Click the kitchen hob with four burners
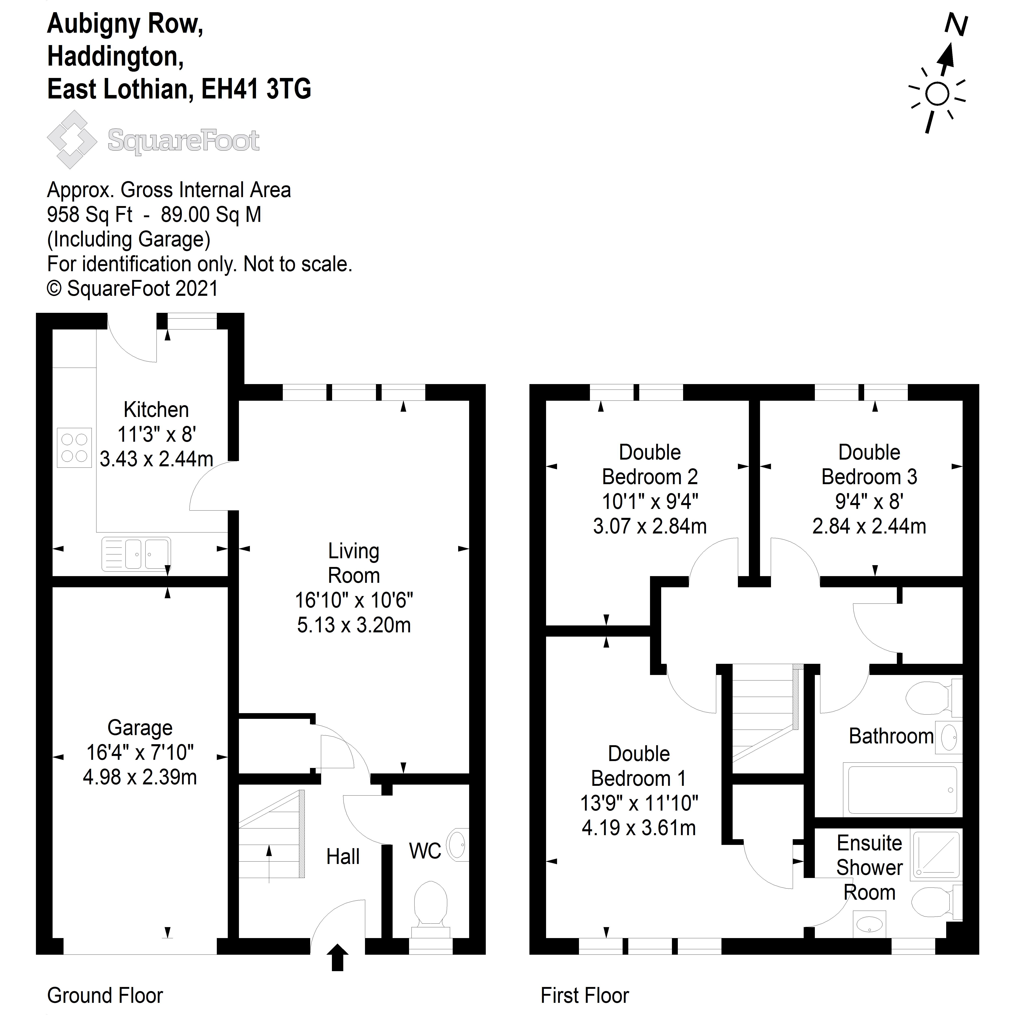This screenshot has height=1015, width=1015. pyautogui.click(x=74, y=448)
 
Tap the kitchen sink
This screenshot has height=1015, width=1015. pyautogui.click(x=136, y=554)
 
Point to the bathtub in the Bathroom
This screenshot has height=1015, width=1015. pyautogui.click(x=902, y=790)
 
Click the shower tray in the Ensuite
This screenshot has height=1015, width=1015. pyautogui.click(x=937, y=855)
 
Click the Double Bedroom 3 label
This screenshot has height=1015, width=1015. pyautogui.click(x=869, y=464)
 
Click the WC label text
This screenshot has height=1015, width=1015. pyautogui.click(x=424, y=851)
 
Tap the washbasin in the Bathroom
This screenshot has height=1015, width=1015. pyautogui.click(x=949, y=738)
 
